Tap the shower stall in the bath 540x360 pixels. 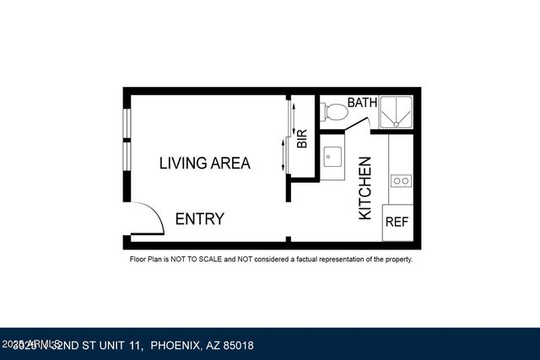pos(395,111)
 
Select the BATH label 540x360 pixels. pos(362,103)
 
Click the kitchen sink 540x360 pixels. pos(332,158)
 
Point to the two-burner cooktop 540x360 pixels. pos(401,180)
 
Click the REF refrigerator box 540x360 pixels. pos(397,223)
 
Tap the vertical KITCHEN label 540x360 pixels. pos(365,188)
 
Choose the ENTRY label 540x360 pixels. pos(199,219)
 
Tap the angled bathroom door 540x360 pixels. pos(358,125)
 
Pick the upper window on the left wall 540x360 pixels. pos(126,123)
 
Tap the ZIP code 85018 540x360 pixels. pos(239,346)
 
